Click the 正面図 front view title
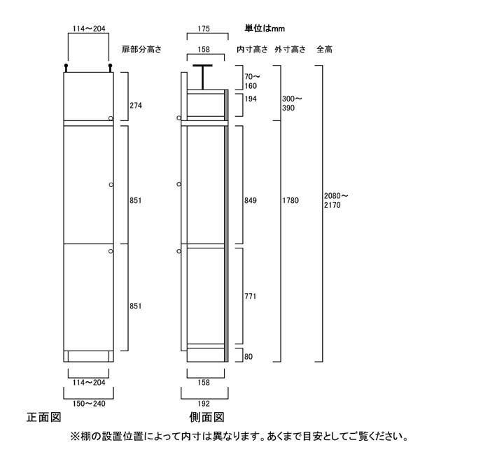[43, 417]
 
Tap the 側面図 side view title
[207, 417]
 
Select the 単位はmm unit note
[265, 29]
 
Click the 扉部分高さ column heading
[142, 50]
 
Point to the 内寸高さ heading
[253, 50]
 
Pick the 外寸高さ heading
[290, 50]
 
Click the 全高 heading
[324, 50]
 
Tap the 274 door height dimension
[136, 106]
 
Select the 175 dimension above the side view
[204, 29]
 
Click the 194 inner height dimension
[251, 99]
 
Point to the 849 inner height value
[251, 201]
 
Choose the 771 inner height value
[251, 296]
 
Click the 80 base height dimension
[248, 357]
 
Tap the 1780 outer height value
[290, 201]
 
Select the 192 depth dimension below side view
[204, 404]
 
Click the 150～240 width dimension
[89, 404]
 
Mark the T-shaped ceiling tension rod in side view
[203, 77]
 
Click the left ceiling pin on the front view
[66, 68]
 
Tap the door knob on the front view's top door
[111, 118]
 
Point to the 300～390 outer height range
[292, 104]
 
